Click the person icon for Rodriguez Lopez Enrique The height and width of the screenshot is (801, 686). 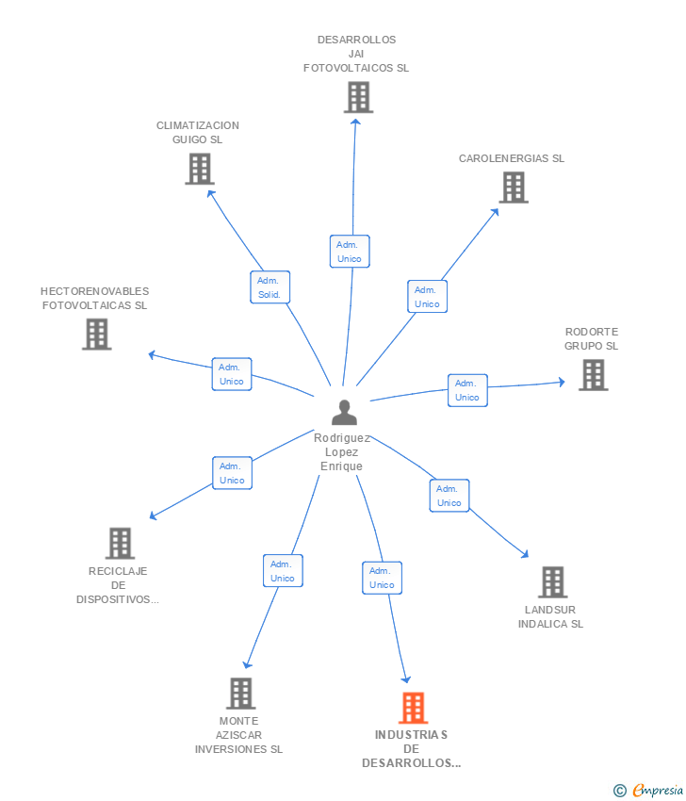click(345, 413)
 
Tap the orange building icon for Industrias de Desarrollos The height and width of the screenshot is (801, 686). click(413, 708)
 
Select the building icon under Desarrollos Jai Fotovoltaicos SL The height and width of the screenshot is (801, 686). click(358, 97)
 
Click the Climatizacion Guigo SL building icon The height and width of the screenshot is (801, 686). click(199, 169)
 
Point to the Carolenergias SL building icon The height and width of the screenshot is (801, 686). click(513, 188)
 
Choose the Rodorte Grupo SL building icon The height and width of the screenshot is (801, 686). click(592, 375)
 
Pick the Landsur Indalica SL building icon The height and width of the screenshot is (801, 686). click(552, 582)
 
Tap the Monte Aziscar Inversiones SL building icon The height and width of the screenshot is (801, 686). click(241, 694)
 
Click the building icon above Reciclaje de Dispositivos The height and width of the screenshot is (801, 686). click(120, 543)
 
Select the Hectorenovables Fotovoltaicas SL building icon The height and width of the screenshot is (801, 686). click(96, 334)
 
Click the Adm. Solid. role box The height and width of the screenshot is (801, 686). click(269, 287)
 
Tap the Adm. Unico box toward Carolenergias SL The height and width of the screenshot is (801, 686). click(427, 297)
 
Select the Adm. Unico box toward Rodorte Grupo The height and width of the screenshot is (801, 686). click(467, 390)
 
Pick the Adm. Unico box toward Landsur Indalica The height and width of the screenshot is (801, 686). click(449, 496)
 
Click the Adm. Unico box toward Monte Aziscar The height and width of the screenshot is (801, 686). click(283, 571)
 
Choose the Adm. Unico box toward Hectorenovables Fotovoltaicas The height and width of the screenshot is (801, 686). click(232, 374)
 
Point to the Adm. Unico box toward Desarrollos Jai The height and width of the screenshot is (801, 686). click(350, 252)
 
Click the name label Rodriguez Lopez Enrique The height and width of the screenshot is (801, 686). click(341, 452)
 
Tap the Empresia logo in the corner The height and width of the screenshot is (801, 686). click(648, 790)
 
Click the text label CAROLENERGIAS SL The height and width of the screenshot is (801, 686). click(512, 158)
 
